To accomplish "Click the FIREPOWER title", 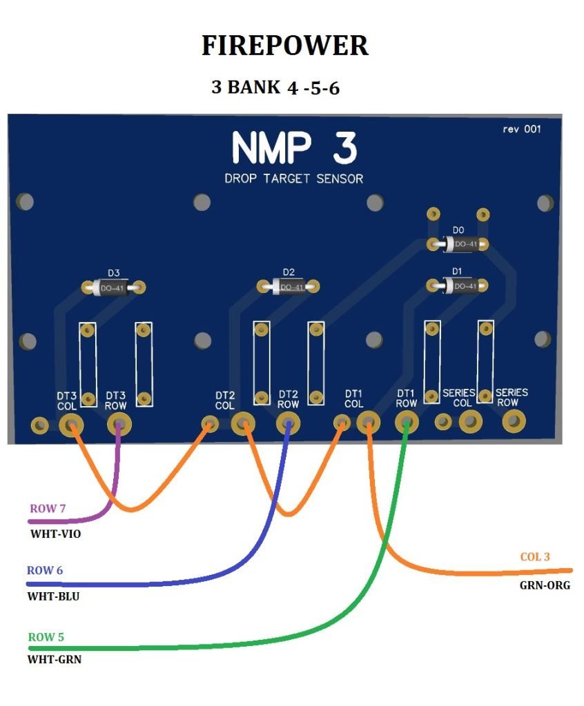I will [x=284, y=46].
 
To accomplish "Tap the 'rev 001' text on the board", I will [x=521, y=130].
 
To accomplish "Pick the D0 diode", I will [x=458, y=244].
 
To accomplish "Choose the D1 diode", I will [x=458, y=285].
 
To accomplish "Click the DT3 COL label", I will [x=67, y=401].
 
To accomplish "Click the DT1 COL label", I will [x=353, y=399].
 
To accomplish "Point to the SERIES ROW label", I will [x=512, y=397].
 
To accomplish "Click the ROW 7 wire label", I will [x=48, y=509].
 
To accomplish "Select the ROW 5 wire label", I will [x=46, y=636].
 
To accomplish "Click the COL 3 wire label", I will [x=535, y=556].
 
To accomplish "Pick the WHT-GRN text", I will [x=55, y=659].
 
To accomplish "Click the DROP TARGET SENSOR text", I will [x=294, y=179].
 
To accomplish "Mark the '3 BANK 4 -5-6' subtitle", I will [x=275, y=88].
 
